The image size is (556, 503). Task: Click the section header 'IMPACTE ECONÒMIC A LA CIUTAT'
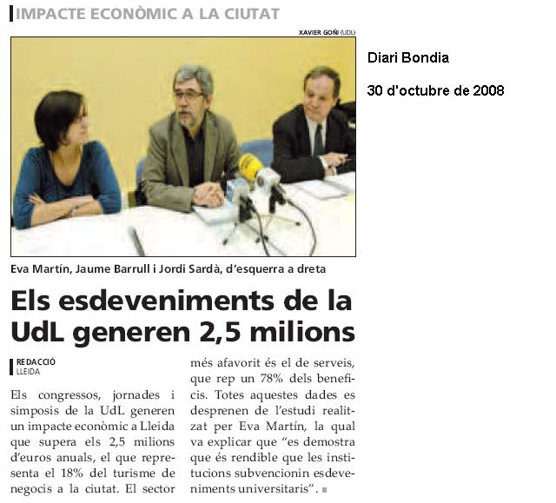tap(148, 14)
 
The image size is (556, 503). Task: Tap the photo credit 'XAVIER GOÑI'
tap(318, 32)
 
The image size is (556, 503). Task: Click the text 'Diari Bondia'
tap(408, 58)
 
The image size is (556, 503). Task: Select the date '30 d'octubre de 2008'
tap(435, 89)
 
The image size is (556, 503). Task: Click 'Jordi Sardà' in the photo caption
tap(186, 268)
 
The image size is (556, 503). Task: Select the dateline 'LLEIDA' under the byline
tap(29, 370)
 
